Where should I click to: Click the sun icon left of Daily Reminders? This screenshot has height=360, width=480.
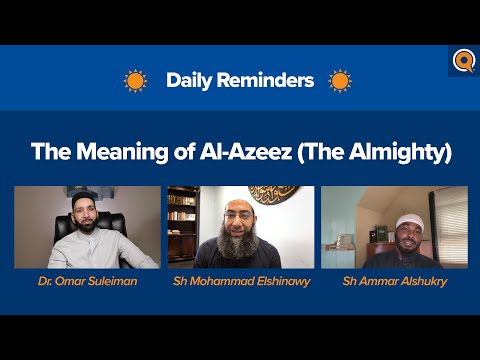tap(135, 81)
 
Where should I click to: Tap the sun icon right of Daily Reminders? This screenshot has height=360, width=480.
tap(340, 81)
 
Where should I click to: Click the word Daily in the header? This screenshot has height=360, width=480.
tap(189, 81)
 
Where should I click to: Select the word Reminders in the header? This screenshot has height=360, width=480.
tap(268, 81)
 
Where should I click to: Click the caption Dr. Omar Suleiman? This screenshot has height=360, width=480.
tap(86, 283)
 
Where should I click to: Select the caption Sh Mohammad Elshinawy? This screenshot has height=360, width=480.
tap(241, 283)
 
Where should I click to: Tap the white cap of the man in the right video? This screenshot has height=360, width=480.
tap(410, 220)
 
